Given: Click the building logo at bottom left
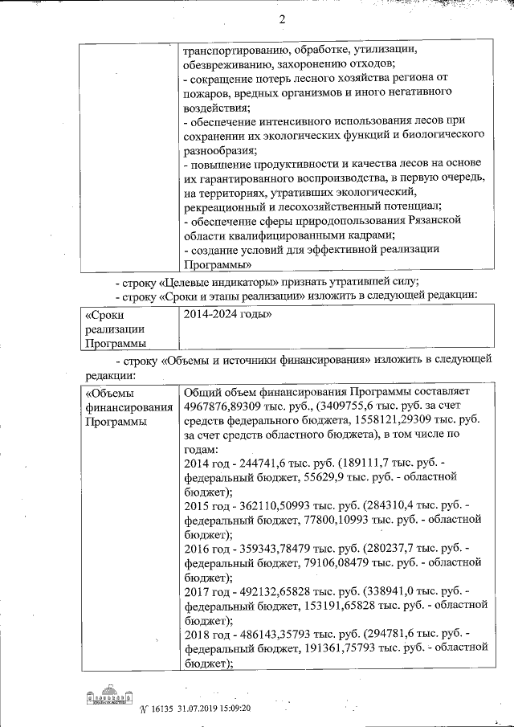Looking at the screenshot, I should click(x=108, y=698).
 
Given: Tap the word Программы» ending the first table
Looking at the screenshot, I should click(x=218, y=263).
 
